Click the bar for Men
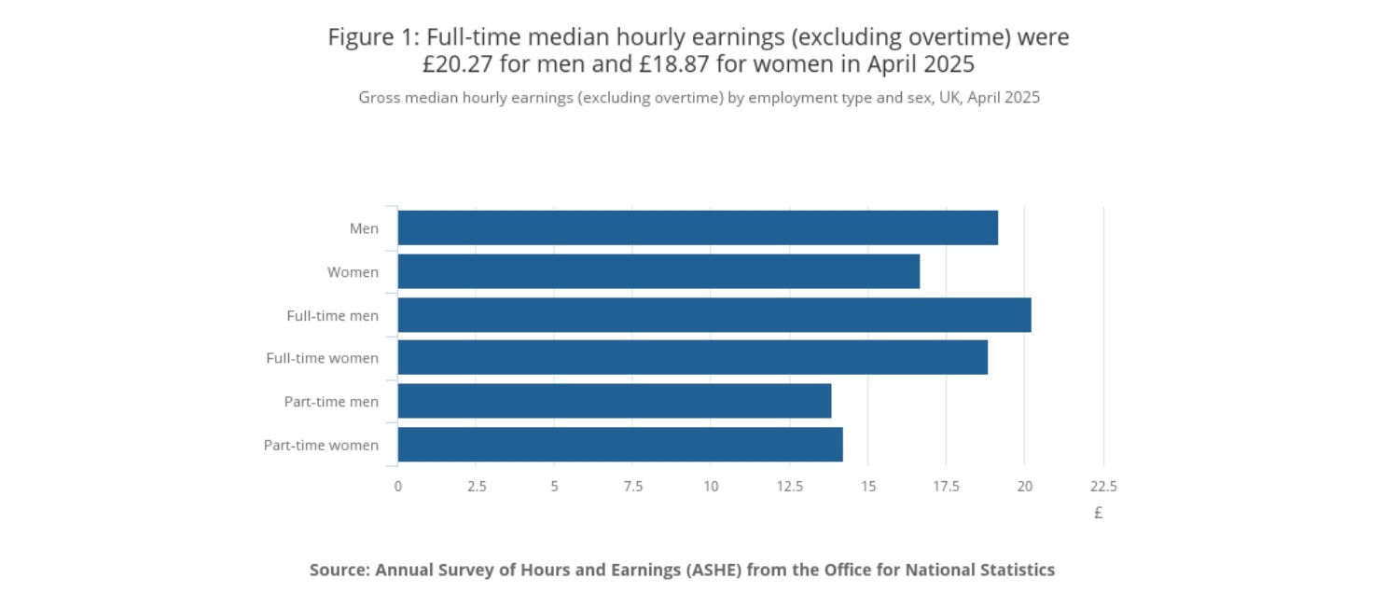click(x=698, y=227)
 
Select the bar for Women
click(x=658, y=271)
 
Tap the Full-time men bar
click(x=714, y=315)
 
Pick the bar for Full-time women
click(x=692, y=358)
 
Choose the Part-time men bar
click(x=614, y=401)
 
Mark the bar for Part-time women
click(x=620, y=445)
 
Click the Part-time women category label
click(x=321, y=445)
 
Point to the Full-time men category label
click(x=332, y=315)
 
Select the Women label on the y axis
click(x=353, y=272)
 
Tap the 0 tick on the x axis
click(x=398, y=486)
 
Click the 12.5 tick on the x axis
click(x=789, y=486)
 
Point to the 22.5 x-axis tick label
click(x=1102, y=486)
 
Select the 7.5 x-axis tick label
click(x=632, y=486)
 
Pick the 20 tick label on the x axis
click(x=1024, y=486)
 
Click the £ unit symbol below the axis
click(x=1099, y=512)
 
